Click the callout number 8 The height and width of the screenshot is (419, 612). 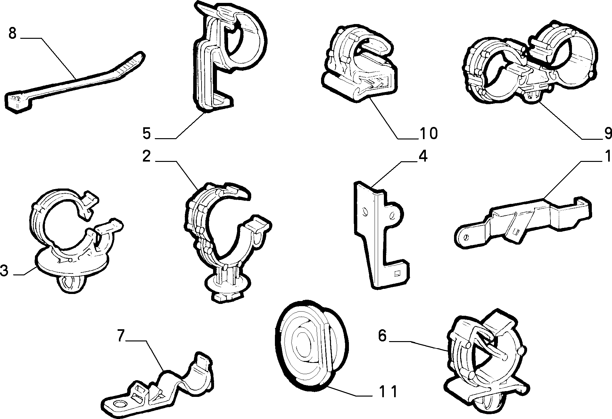click(12, 33)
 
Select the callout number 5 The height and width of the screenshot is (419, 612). click(147, 133)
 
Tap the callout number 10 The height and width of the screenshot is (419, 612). click(428, 133)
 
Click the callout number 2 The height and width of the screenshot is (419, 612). click(147, 156)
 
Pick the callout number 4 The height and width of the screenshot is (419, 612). click(423, 156)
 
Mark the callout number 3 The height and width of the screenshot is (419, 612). click(4, 270)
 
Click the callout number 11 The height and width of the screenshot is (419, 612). click(388, 391)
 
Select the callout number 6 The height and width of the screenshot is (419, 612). click(383, 336)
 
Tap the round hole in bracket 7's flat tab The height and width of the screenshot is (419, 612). click(120, 404)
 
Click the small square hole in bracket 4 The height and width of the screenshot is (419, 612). click(398, 273)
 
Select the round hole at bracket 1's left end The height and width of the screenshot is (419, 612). click(466, 237)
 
